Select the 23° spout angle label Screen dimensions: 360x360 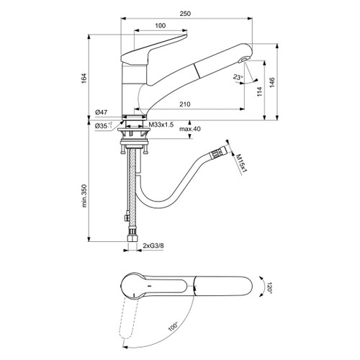tap(238, 76)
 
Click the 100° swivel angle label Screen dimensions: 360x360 tap(174, 325)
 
